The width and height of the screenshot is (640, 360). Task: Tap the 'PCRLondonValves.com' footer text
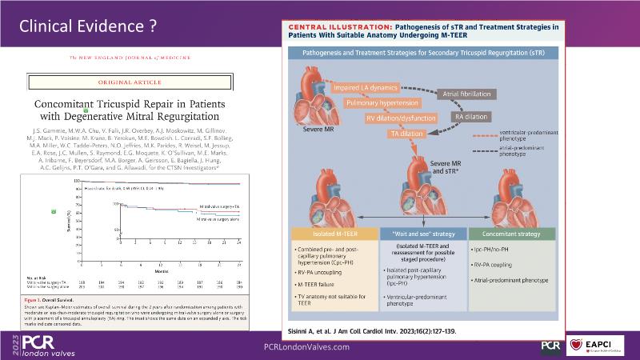(x=307, y=346)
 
